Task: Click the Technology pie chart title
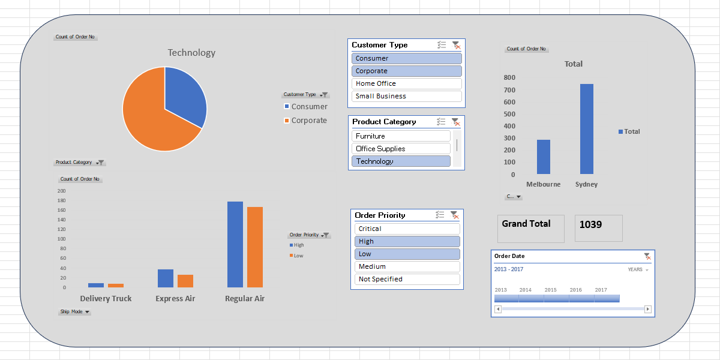pos(191,53)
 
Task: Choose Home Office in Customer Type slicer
pos(406,83)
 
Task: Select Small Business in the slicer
pos(406,96)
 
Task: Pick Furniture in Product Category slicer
pos(400,136)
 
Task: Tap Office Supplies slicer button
pos(400,149)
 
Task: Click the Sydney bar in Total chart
pos(586,129)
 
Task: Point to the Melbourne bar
pos(543,157)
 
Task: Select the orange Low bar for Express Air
pos(185,281)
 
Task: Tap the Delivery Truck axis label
pos(106,299)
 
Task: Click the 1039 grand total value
pos(590,224)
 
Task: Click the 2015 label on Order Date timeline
pos(550,290)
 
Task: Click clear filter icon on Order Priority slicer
pos(454,215)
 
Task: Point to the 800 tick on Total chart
pos(509,77)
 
